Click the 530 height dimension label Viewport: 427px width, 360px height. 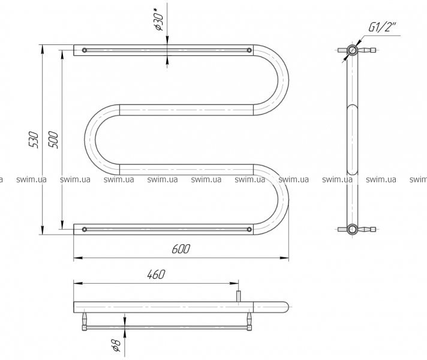34,140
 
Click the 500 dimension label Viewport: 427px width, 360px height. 53,140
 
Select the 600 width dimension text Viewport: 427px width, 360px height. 181,249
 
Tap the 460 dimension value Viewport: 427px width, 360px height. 156,274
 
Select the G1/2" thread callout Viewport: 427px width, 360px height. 382,27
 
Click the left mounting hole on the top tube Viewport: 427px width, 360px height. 85,50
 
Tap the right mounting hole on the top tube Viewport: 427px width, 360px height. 249,50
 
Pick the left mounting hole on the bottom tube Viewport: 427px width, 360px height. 85,229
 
